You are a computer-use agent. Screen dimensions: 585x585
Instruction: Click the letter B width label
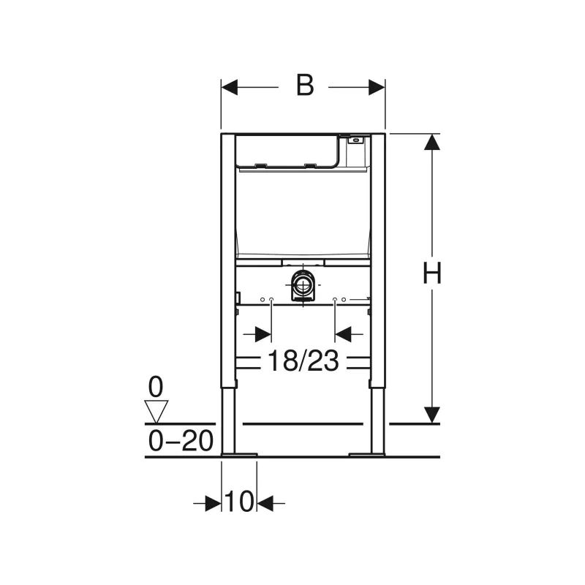(x=305, y=86)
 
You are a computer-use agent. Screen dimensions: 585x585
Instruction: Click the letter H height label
(x=432, y=273)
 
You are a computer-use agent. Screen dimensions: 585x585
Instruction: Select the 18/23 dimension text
(x=303, y=361)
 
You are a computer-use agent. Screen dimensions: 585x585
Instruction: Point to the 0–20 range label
(x=181, y=441)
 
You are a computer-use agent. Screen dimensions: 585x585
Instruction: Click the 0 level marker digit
(x=156, y=387)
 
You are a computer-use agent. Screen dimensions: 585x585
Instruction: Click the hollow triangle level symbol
(x=156, y=412)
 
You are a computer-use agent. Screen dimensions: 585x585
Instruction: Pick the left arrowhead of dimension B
(x=229, y=87)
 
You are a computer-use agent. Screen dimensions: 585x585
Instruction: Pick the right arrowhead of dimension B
(x=377, y=87)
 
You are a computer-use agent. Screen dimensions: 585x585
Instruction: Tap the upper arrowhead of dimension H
(x=432, y=142)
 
